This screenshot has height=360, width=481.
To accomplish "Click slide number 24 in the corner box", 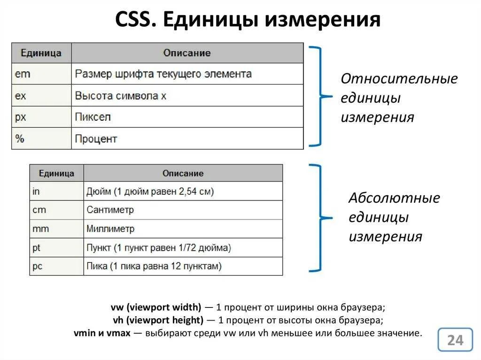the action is point(455,340).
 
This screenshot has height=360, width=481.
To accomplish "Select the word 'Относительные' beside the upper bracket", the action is point(399,79).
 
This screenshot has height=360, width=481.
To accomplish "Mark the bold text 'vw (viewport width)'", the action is point(155,308).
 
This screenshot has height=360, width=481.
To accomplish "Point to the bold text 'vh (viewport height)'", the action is point(158,321).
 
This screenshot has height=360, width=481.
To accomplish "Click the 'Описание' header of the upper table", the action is point(187,53).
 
